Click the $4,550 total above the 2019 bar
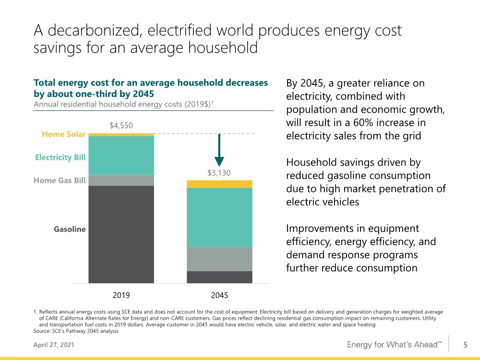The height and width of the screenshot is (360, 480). [121, 125]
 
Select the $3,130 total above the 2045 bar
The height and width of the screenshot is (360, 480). [219, 173]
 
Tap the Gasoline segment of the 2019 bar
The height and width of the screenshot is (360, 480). [121, 234]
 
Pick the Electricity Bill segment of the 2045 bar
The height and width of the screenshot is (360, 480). [219, 217]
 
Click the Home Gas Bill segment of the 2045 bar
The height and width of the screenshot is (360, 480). [219, 259]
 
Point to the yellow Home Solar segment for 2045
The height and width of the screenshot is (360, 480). [219, 184]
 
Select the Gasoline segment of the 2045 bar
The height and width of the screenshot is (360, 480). [219, 277]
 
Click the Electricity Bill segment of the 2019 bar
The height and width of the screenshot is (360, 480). [121, 156]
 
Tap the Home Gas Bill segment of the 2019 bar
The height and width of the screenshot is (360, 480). [121, 180]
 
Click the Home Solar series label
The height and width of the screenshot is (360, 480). [64, 134]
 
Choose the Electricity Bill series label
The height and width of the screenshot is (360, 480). [60, 157]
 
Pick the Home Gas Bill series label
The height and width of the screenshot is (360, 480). [60, 180]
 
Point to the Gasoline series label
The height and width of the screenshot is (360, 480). [70, 229]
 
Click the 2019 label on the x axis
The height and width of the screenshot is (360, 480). [121, 295]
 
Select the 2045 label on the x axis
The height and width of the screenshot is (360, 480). [219, 295]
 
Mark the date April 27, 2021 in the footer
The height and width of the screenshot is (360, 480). [54, 345]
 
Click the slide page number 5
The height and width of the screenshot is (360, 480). [465, 345]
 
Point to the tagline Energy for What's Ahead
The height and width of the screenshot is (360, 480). [394, 345]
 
